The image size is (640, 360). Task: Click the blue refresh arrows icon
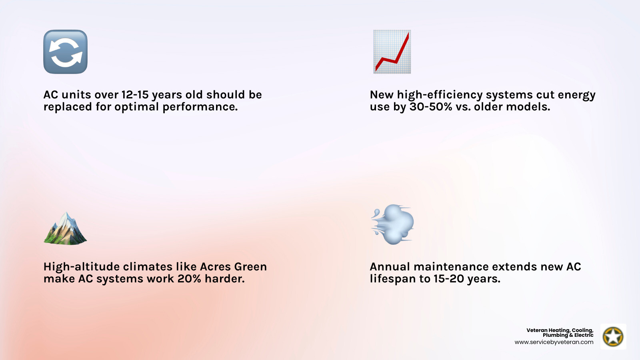(65, 52)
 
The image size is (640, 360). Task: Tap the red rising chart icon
(392, 52)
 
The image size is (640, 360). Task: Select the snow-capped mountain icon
(65, 228)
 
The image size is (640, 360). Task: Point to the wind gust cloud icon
(393, 224)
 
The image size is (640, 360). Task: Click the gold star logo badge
(613, 336)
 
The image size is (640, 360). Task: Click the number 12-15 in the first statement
(135, 95)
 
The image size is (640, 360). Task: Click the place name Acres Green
(233, 267)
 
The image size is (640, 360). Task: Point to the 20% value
(189, 279)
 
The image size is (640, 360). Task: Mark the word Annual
(390, 267)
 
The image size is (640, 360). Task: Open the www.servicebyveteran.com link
(554, 342)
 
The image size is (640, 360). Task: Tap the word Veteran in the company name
(537, 330)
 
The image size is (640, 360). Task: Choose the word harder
(224, 279)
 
